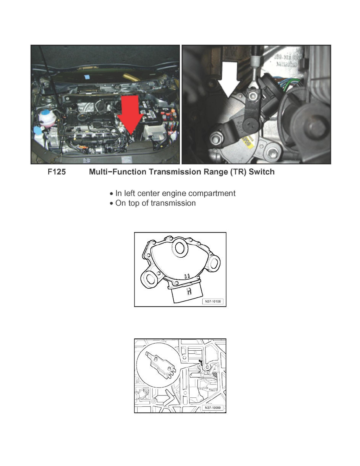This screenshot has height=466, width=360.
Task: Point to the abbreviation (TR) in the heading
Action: coord(238,172)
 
